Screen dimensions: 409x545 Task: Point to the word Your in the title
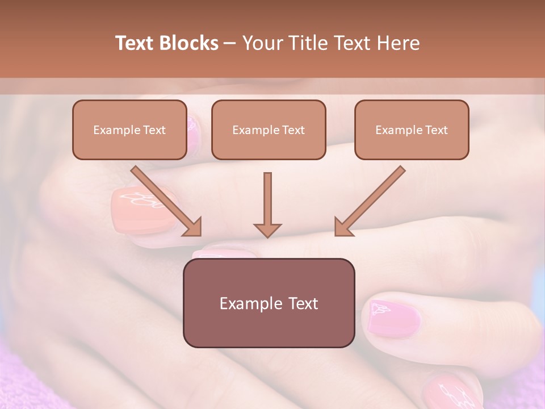[261, 43]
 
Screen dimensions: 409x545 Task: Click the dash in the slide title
[230, 43]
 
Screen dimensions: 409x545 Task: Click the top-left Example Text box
[129, 130]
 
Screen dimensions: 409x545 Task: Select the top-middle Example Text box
[269, 130]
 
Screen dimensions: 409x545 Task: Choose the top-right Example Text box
[412, 130]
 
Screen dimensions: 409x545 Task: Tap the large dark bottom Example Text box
[269, 303]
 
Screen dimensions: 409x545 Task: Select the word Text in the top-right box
[436, 130]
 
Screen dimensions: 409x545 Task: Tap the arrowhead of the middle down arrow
[267, 229]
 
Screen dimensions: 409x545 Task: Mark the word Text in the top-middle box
[293, 130]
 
